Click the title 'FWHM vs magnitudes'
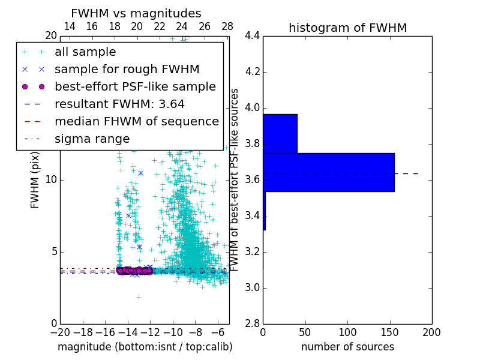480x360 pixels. coord(136,13)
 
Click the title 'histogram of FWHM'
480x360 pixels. coord(347,28)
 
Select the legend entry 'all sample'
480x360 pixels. coord(85,52)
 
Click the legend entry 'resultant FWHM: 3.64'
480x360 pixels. coord(119,104)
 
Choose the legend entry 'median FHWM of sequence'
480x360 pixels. coord(136,122)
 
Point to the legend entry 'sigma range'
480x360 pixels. coord(92,139)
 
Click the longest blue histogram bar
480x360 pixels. coord(328,172)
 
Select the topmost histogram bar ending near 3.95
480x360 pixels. coord(280,133)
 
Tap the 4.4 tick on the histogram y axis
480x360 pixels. coord(252,36)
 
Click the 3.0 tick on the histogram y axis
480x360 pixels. coord(252,288)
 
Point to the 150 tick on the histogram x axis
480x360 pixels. coord(389,332)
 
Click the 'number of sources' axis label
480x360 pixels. coord(347,347)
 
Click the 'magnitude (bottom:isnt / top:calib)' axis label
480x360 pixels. coord(145,347)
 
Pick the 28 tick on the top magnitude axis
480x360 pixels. coord(227,26)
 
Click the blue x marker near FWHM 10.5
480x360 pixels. coord(140,173)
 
